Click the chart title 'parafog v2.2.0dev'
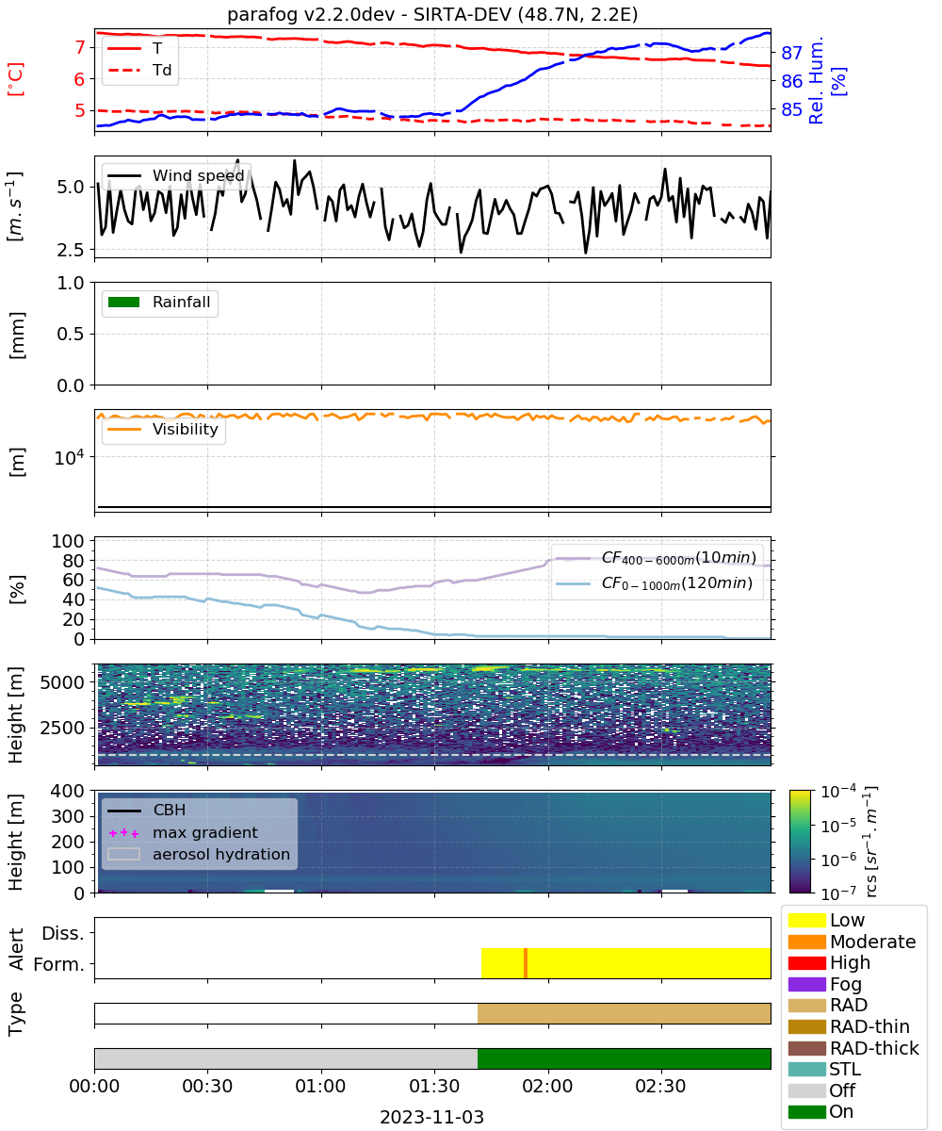pyautogui.click(x=310, y=15)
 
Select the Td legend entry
pyautogui.click(x=139, y=70)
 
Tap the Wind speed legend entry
pyautogui.click(x=176, y=175)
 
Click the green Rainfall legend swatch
pyautogui.click(x=124, y=302)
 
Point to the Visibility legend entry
pyautogui.click(x=163, y=429)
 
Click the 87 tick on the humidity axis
pyautogui.click(x=791, y=53)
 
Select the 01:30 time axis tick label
pyautogui.click(x=434, y=1086)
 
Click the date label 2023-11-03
pyautogui.click(x=431, y=1117)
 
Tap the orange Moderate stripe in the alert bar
pyautogui.click(x=525, y=963)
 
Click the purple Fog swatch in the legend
pyautogui.click(x=806, y=984)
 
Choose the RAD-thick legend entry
pyautogui.click(x=853, y=1048)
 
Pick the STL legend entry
pyautogui.click(x=824, y=1069)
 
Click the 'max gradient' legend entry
pyautogui.click(x=183, y=832)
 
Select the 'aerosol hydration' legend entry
pyautogui.click(x=199, y=854)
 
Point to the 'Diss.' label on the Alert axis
pyautogui.click(x=63, y=933)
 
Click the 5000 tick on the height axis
pyautogui.click(x=62, y=682)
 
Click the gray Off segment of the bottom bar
pyautogui.click(x=286, y=1059)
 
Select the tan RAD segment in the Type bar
pyautogui.click(x=624, y=1013)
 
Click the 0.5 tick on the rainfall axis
pyautogui.click(x=71, y=335)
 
